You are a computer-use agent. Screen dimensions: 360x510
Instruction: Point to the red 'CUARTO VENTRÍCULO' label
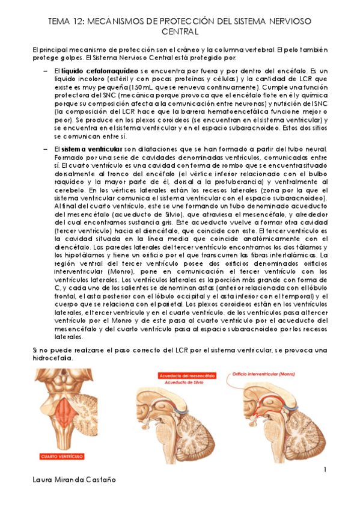pos(61,455)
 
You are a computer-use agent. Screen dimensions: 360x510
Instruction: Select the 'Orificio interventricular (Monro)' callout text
pos(260,373)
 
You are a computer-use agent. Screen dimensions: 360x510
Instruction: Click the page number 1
pos(324,469)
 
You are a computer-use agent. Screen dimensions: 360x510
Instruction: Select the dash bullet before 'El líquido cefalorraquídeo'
pos(46,71)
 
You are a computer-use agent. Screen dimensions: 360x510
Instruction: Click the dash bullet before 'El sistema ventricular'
pos(46,149)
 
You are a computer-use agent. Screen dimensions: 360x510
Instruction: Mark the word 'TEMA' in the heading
pos(58,20)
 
